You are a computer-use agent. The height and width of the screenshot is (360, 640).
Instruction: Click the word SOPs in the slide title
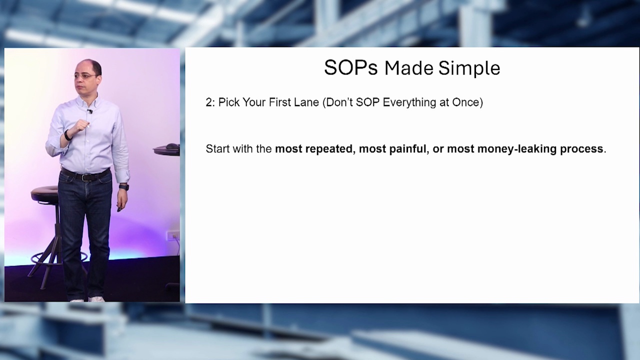[x=351, y=68]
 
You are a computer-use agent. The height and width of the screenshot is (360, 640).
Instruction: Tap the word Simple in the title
[x=469, y=68]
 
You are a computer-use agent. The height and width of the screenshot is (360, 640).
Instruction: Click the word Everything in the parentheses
[x=409, y=102]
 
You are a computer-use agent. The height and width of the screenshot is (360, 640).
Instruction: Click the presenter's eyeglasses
[x=85, y=76]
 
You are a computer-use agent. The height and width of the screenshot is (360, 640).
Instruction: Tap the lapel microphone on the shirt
[x=89, y=111]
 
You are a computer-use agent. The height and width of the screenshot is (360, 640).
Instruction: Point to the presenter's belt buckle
[x=83, y=177]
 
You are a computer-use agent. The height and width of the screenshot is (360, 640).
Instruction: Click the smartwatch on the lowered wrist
[x=124, y=187]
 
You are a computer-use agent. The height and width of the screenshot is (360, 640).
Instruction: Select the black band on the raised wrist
[x=67, y=135]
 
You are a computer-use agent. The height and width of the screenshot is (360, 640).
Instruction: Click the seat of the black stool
[x=45, y=193]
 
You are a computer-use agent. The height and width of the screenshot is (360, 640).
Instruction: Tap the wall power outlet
[x=173, y=236]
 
